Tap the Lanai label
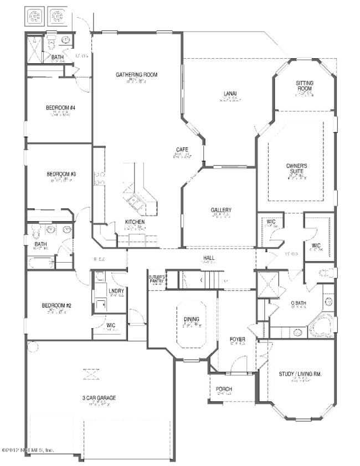pos(230,93)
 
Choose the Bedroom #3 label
pos(60,174)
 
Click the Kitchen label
pos(135,222)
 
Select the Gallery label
pos(221,210)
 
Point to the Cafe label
pos(182,150)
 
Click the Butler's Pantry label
pos(157,279)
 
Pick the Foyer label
pos(238,339)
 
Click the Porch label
pos(224,390)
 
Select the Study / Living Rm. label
pos(300,374)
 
